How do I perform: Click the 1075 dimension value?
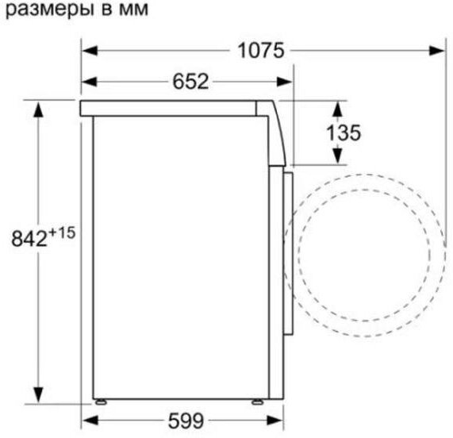click(260, 51)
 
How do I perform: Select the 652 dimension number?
click(190, 82)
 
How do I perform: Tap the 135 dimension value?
click(344, 133)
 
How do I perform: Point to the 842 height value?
click(29, 239)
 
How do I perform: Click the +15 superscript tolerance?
click(62, 232)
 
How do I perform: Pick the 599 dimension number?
click(186, 421)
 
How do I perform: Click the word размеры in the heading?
click(50, 10)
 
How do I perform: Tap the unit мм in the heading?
click(133, 10)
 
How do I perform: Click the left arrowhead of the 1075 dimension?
click(90, 51)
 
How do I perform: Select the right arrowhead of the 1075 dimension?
click(437, 51)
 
